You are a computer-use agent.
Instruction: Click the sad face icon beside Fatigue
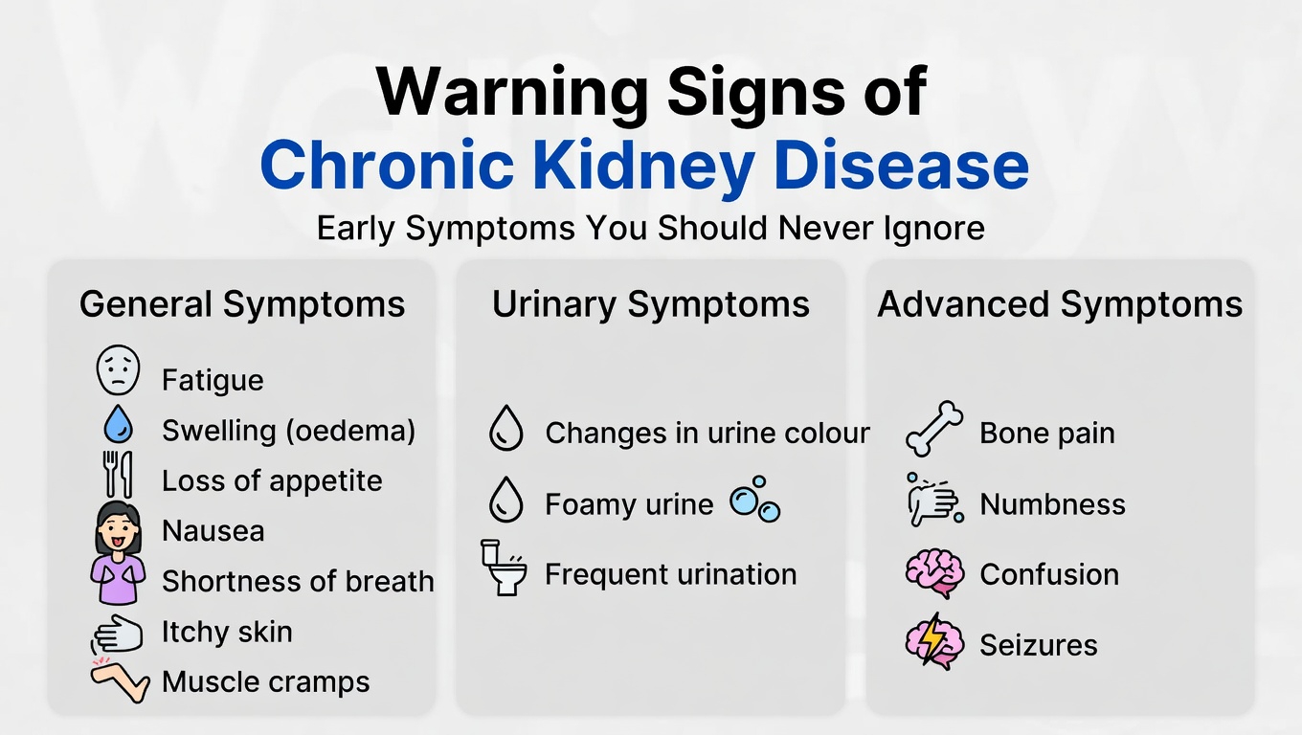[119, 370]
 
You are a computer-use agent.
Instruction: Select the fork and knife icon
[119, 474]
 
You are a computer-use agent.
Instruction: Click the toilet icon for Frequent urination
[504, 568]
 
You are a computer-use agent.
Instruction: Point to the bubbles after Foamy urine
[755, 500]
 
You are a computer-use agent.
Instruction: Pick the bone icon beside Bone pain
[934, 429]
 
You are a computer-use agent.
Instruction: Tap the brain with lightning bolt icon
[934, 641]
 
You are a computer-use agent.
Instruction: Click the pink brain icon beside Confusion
[934, 573]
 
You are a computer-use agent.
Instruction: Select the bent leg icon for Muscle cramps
[120, 680]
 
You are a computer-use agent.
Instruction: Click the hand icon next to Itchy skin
[118, 634]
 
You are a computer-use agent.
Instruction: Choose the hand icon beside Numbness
[932, 500]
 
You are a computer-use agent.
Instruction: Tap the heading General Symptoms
[242, 304]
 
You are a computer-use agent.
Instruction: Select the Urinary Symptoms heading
[651, 304]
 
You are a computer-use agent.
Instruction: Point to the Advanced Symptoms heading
[1060, 304]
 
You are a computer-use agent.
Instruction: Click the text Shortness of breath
[298, 581]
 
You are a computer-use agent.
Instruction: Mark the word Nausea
[213, 530]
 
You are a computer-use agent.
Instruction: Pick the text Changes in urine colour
[707, 433]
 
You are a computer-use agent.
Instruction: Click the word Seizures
[1039, 644]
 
